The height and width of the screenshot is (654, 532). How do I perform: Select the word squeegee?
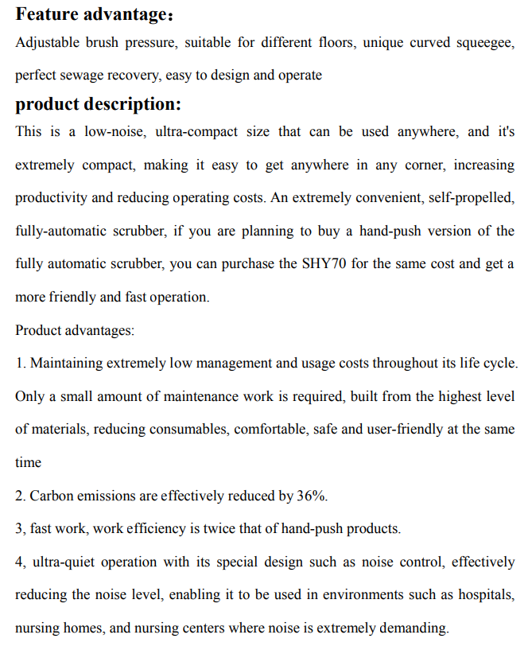pos(483,43)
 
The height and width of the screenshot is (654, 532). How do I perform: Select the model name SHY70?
pos(324,264)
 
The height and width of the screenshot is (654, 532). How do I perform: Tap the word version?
pos(447,232)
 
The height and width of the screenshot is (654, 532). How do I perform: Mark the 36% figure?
pos(311,496)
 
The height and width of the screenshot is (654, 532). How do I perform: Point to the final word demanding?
pos(414,629)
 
